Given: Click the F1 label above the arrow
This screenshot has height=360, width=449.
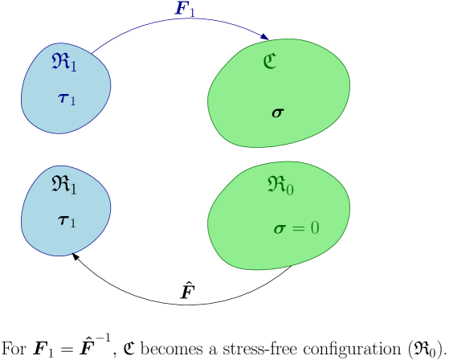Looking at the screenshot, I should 186,9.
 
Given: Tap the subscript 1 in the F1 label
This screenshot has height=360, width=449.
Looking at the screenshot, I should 192,12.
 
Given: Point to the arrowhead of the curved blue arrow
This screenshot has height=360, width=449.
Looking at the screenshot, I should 265,37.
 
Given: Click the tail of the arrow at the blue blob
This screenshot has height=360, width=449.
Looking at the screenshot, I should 93,53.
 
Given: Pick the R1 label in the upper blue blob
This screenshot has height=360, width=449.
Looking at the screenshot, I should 64,63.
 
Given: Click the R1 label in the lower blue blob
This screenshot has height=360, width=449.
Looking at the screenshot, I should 64,185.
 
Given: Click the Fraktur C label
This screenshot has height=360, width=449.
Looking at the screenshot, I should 270,62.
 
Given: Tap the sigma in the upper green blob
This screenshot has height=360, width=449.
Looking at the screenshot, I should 278,112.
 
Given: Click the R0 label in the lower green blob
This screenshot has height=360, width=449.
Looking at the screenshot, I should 280,186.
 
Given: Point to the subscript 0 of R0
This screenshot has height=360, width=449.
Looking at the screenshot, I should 290,190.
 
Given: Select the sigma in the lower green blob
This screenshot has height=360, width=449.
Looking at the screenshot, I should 280,229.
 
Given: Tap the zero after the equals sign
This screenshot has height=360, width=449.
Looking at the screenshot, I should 315,228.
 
